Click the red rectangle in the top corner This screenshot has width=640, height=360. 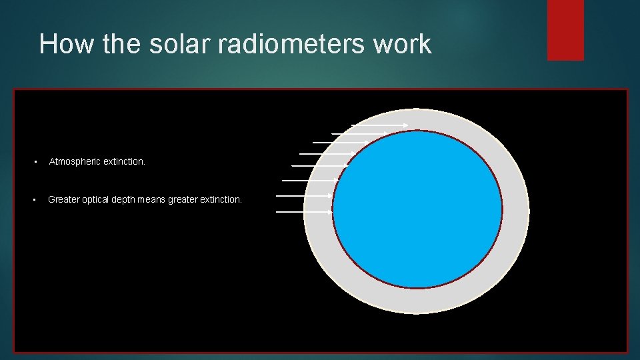[565, 30]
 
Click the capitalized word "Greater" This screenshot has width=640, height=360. [64, 199]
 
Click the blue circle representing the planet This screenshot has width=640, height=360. [417, 210]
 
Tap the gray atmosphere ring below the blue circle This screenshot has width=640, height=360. [417, 301]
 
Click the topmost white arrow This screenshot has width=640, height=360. [380, 125]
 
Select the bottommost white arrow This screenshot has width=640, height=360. [304, 211]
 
